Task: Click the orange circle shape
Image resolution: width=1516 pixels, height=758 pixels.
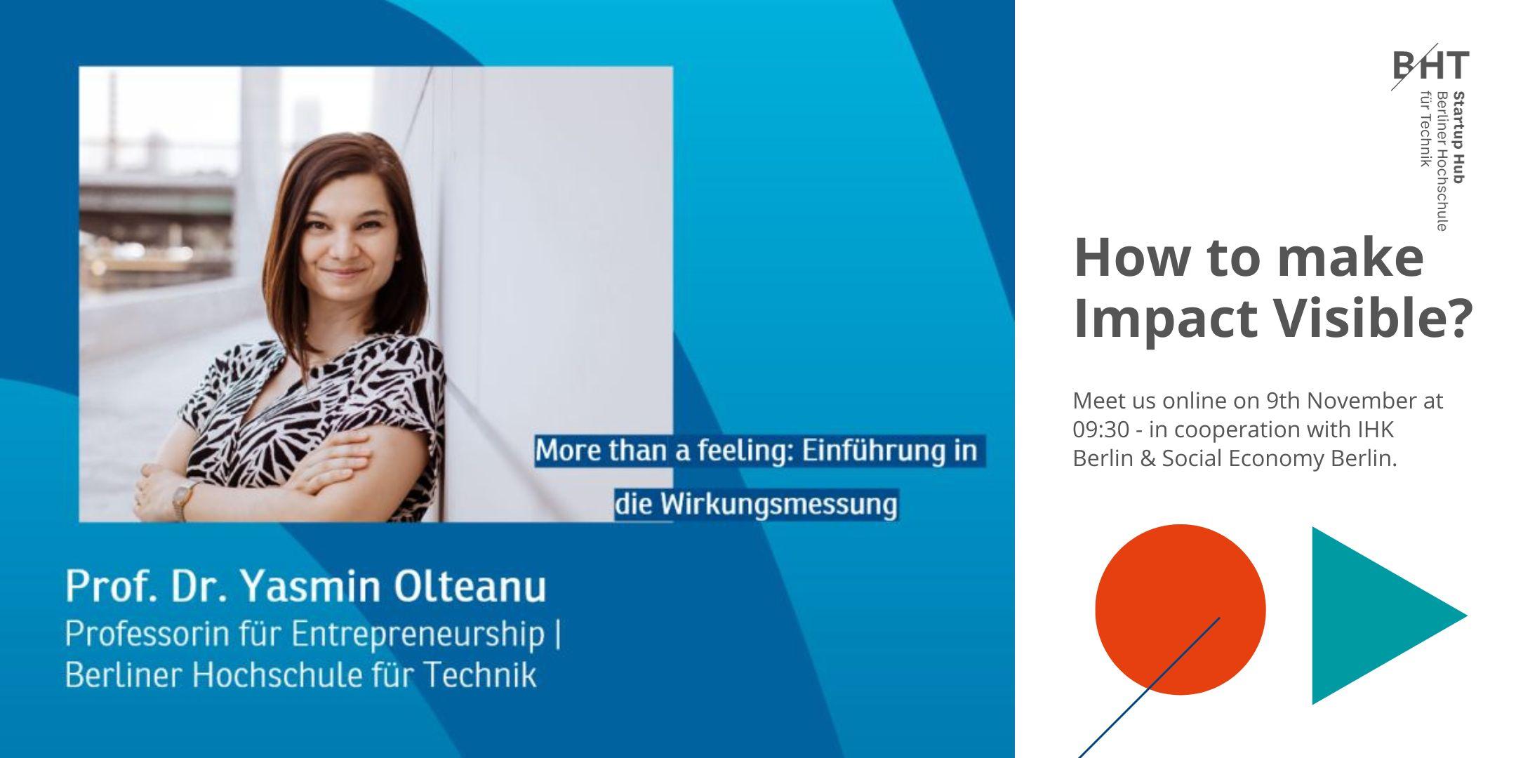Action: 1180,609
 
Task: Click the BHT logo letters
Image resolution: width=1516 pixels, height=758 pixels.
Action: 1430,65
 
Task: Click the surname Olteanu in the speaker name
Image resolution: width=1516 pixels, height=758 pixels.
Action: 470,587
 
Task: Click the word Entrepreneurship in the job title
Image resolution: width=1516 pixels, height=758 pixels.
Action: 418,634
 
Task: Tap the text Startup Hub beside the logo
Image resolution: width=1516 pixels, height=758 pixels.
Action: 1458,138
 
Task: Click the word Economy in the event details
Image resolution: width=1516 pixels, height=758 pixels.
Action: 1282,458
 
